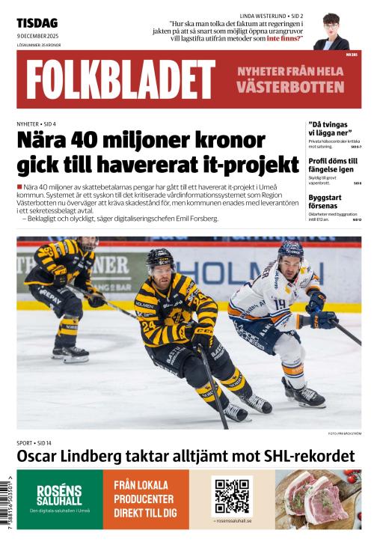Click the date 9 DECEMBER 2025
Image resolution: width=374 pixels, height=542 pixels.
click(38, 35)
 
